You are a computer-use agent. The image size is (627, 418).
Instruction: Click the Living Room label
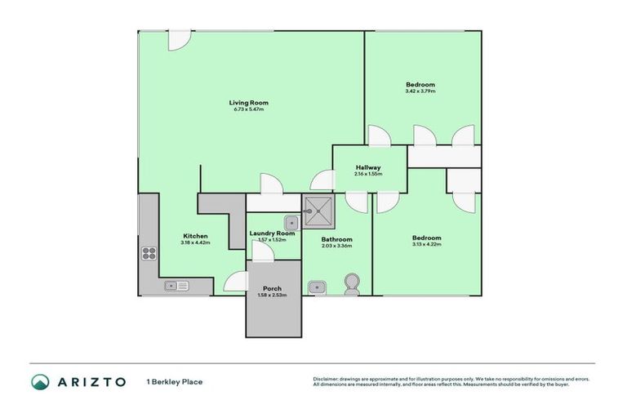248,103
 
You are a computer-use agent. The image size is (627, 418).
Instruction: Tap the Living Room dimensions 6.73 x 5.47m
248,109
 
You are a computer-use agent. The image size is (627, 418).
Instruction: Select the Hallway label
367,167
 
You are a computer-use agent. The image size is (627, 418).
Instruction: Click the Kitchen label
194,236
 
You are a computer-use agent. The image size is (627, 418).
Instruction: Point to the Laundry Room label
272,233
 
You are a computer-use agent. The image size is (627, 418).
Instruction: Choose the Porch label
272,288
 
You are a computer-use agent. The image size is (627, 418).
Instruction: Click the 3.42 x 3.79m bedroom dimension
420,91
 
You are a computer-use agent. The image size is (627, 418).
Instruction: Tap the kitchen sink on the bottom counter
176,286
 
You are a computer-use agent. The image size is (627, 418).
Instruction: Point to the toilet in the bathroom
351,283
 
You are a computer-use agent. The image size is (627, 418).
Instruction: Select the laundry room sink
291,222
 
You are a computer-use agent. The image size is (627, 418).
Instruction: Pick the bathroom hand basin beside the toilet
317,287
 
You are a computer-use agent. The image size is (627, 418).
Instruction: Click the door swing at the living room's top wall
178,39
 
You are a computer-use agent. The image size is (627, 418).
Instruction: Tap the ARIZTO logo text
90,381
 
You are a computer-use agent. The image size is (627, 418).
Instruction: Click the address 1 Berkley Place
174,381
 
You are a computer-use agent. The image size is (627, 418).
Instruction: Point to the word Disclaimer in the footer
326,379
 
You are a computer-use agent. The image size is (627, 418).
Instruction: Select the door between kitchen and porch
236,282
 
